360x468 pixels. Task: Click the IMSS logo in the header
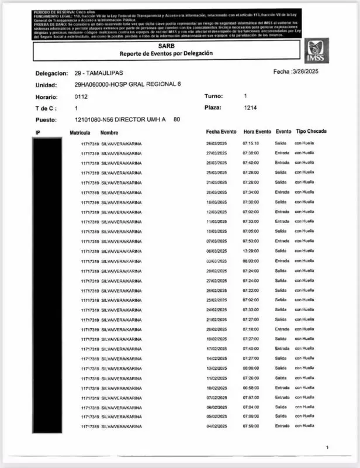pos(316,50)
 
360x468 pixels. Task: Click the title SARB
pos(166,45)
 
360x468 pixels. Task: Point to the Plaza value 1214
pos(250,108)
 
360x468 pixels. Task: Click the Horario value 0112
pos(81,97)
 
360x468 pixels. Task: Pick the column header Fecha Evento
pos(221,132)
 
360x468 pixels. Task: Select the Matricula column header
pos(80,133)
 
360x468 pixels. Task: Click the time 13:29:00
pos(251,251)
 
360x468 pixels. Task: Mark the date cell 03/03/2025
pos(216,261)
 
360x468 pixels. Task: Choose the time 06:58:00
pos(251,388)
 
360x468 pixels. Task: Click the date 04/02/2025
pos(216,426)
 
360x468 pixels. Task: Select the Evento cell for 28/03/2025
pos(282,143)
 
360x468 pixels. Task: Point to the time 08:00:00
pos(251,368)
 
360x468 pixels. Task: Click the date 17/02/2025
pos(216,349)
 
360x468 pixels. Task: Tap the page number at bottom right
pos(327,448)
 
